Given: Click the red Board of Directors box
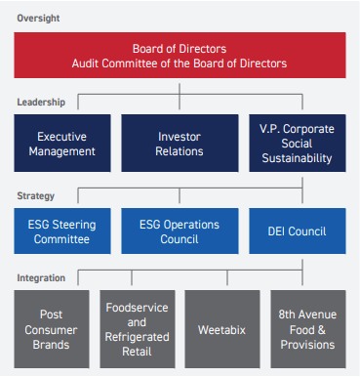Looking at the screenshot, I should pos(180,56).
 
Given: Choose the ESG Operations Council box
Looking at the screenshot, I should pos(179,231).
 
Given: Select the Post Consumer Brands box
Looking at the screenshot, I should pos(53,329).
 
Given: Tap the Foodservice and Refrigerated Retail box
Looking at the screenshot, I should pos(137,329).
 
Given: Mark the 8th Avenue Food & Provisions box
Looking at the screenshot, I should pos(307,329).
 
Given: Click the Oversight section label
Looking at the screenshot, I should pos(38,16).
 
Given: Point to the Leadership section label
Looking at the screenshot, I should pos(41,102).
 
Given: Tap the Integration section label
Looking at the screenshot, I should pos(42,277).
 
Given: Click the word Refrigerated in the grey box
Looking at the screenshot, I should pos(137,337).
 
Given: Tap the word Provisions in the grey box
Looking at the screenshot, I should pos(307,345).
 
